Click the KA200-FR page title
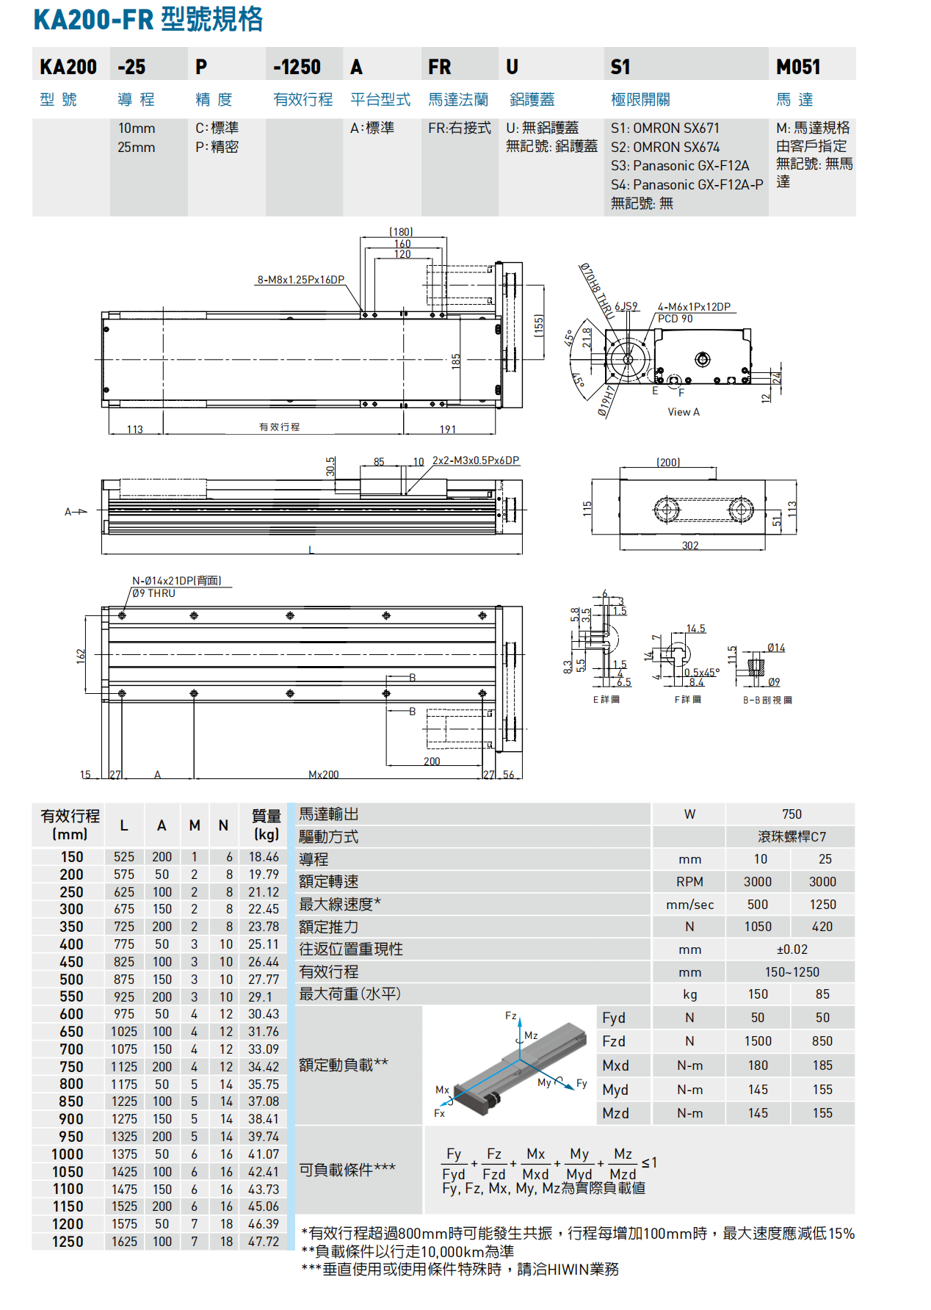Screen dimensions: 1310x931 (148, 19)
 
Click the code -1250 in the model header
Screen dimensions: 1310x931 (297, 67)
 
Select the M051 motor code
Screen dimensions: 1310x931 (798, 67)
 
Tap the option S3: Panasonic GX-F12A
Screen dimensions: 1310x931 (680, 165)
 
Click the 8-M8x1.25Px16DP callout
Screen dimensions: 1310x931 (300, 280)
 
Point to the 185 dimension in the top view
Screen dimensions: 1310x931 (456, 361)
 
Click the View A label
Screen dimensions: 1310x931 (683, 412)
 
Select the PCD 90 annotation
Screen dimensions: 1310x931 (675, 319)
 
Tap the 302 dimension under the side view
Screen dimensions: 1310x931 (690, 546)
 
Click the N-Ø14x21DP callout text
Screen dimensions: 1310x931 (176, 580)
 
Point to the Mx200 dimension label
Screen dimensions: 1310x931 (323, 775)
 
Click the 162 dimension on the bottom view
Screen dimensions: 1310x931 (81, 654)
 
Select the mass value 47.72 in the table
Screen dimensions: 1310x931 (264, 1242)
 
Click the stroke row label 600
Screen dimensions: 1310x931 (71, 1014)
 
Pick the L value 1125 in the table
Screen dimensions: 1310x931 (124, 1067)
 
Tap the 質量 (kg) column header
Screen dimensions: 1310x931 (266, 825)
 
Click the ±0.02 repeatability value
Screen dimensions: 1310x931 (791, 949)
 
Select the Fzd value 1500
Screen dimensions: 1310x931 (758, 1041)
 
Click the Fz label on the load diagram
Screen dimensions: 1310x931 (511, 1016)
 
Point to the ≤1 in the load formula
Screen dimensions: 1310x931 (649, 1162)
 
